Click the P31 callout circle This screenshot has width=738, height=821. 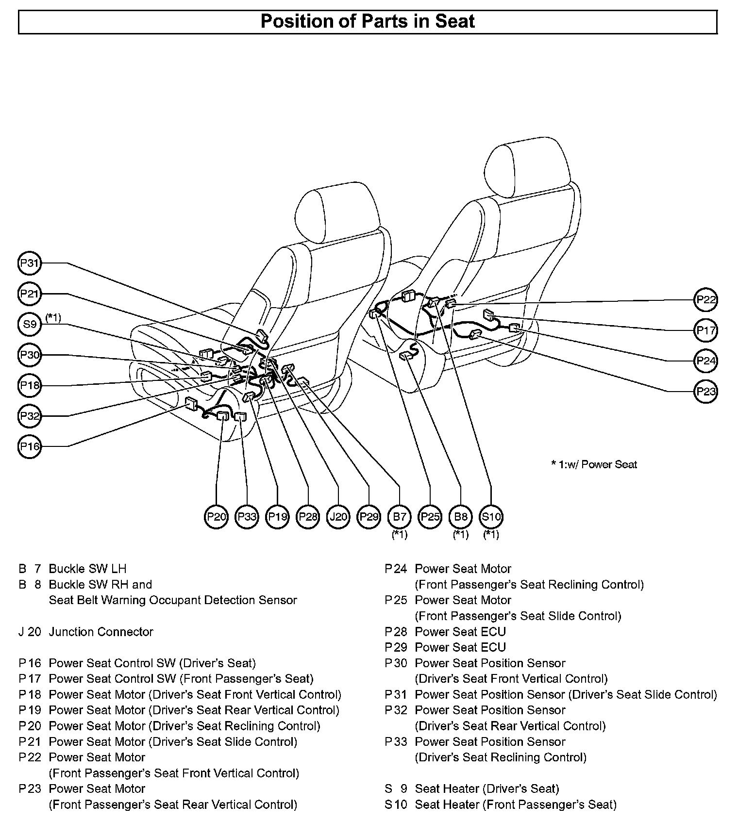click(x=30, y=263)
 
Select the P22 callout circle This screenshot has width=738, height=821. click(x=706, y=300)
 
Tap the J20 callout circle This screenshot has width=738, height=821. click(x=338, y=517)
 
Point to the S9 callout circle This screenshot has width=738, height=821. click(x=30, y=324)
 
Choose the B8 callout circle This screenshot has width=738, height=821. click(x=460, y=517)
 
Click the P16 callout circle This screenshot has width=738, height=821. click(x=30, y=446)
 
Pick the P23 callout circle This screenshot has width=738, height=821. click(x=706, y=392)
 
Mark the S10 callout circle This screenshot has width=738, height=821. click(x=491, y=517)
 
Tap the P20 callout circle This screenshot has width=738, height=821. click(x=216, y=517)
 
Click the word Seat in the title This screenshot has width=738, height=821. click(x=454, y=22)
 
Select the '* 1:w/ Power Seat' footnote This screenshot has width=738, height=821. click(x=594, y=465)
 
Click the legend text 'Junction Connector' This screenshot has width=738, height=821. click(x=101, y=632)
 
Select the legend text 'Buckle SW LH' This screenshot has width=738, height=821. click(x=87, y=569)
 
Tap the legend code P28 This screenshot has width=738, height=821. click(x=396, y=632)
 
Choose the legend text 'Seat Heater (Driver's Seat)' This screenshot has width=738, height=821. click(x=486, y=789)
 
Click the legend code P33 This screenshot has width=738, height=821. click(x=396, y=742)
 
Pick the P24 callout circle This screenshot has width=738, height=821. click(x=706, y=361)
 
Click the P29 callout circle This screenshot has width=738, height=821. click(x=369, y=517)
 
